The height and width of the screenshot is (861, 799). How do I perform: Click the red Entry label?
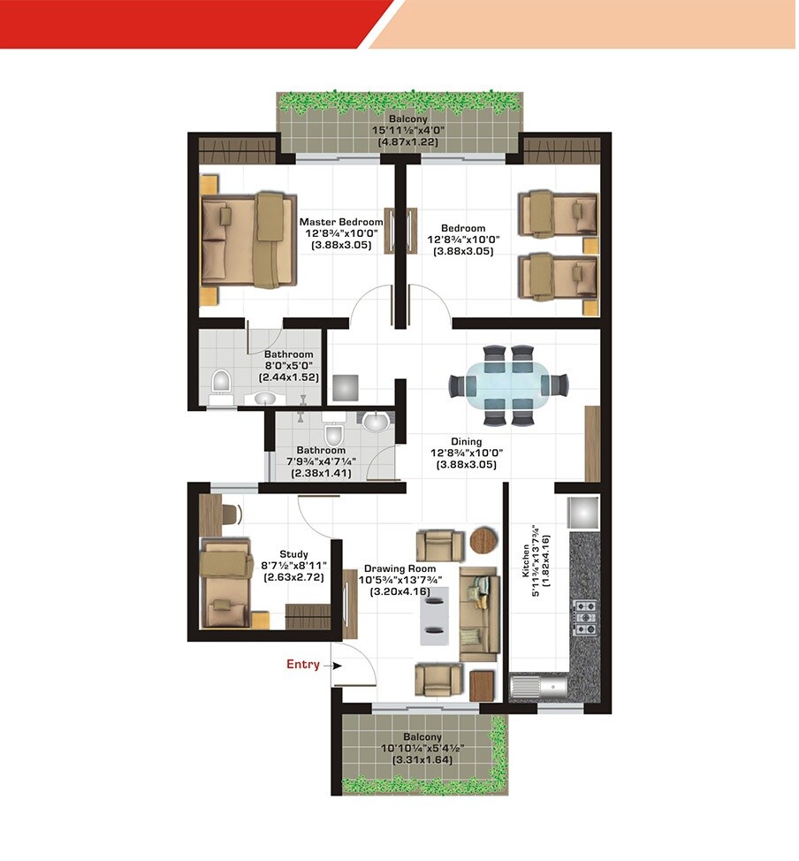click(302, 664)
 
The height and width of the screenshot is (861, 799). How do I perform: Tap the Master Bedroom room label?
click(341, 222)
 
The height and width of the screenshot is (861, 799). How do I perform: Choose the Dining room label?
click(466, 441)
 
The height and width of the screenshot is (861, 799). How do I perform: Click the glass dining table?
click(508, 385)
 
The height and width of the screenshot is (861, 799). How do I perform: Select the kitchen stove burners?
click(585, 617)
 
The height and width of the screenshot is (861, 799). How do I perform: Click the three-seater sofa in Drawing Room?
click(479, 613)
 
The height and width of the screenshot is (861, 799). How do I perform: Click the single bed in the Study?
click(226, 583)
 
